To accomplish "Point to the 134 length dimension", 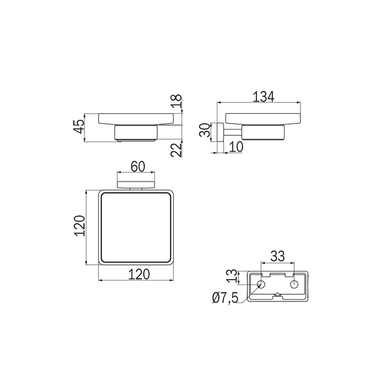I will pyautogui.click(x=263, y=97).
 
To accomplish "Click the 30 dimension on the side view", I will pyautogui.click(x=206, y=133).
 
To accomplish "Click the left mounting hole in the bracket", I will pyautogui.click(x=261, y=283).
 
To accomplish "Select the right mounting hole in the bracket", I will pyautogui.click(x=294, y=283).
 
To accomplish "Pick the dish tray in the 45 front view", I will pyautogui.click(x=135, y=119).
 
